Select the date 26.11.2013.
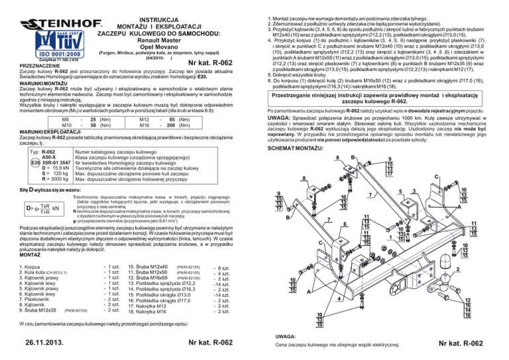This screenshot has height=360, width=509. point(41,343)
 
